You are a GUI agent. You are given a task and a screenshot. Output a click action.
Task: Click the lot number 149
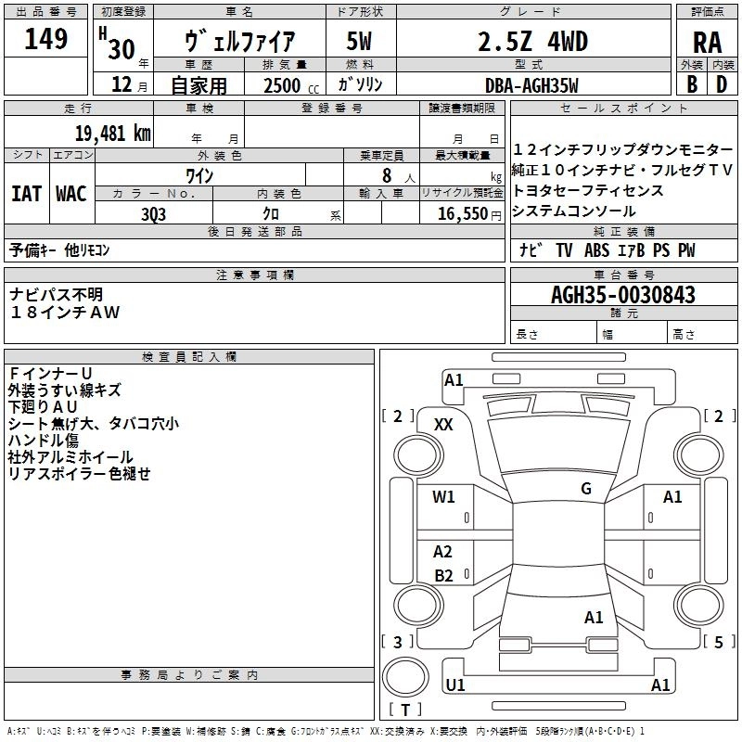tap(45, 39)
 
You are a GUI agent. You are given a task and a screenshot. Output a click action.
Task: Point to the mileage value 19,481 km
tap(109, 133)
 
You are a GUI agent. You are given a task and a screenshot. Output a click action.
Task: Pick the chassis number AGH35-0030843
tap(622, 295)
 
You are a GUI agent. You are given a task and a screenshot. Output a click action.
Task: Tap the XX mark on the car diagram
tap(443, 424)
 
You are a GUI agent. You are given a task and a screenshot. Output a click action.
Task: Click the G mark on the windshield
tap(586, 489)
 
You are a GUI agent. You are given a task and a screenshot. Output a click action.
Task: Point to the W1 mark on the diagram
tap(443, 497)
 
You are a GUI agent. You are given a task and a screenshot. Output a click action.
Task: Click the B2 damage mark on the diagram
tap(443, 575)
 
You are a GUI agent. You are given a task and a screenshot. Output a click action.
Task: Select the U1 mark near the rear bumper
tap(455, 684)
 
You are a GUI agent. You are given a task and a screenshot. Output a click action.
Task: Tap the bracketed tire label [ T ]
tap(405, 710)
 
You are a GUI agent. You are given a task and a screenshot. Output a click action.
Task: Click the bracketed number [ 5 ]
tap(718, 642)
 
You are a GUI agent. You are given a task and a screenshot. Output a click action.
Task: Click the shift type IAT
tap(26, 193)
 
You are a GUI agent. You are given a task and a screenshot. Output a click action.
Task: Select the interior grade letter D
tap(722, 84)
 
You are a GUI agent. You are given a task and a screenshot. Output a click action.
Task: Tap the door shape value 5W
tap(361, 42)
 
